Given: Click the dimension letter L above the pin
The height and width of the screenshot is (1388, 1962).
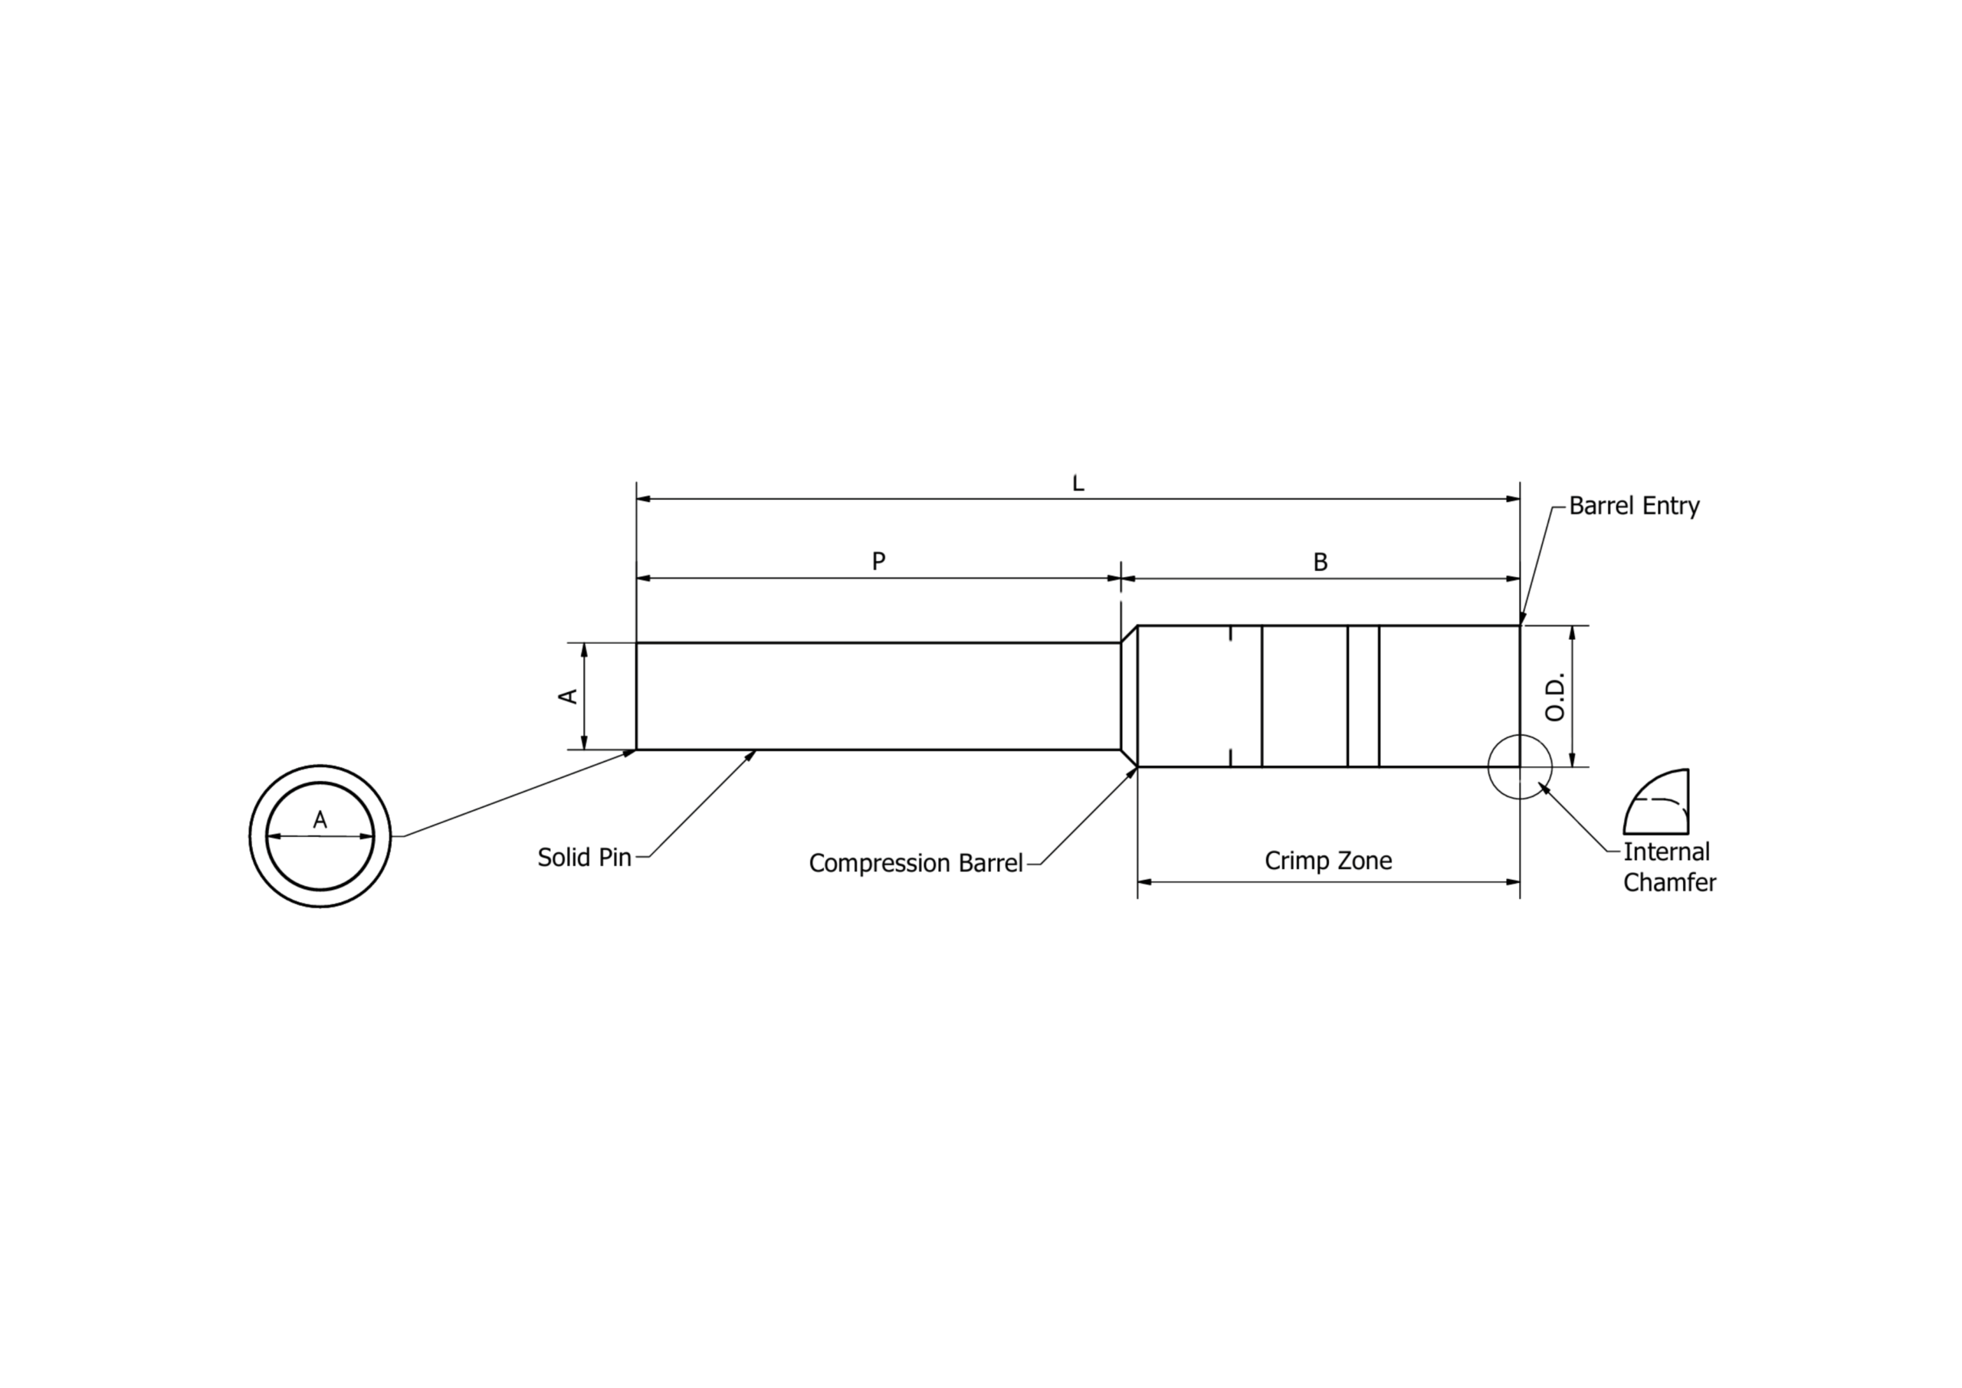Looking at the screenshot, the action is [x=1078, y=484].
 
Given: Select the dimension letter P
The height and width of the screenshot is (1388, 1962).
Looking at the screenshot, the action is [x=878, y=562].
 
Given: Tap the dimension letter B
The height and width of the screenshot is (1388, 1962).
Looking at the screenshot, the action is [x=1321, y=563].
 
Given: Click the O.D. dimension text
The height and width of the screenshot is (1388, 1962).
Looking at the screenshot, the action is [x=1555, y=697].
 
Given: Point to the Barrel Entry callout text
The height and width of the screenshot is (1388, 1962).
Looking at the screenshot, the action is [x=1634, y=506].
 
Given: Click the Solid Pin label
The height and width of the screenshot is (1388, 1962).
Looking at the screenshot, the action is [x=585, y=857].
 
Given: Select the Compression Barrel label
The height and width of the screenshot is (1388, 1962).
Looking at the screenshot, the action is [x=915, y=863].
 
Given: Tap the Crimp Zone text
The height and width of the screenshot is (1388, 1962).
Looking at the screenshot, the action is [x=1328, y=861].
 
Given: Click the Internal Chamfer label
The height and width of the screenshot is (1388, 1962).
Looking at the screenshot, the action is [x=1669, y=867].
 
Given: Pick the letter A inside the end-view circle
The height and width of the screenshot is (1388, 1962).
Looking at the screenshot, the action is [x=320, y=821].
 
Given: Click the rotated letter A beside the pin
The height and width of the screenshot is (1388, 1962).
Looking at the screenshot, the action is [x=567, y=697].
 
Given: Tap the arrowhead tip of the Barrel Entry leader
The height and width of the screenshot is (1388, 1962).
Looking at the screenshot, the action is [x=1521, y=625].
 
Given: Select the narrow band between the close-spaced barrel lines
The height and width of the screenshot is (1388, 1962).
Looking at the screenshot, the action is [x=1363, y=697].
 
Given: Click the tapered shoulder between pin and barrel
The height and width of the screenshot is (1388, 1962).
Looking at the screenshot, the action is [x=1129, y=697].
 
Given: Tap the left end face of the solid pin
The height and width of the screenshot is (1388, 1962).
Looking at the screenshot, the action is [x=637, y=697].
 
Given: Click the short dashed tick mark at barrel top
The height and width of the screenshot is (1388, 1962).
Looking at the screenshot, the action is [x=1231, y=633].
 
